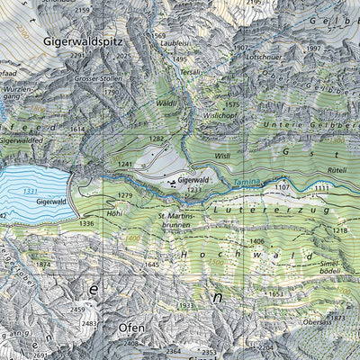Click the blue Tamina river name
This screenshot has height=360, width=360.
tap(246, 183)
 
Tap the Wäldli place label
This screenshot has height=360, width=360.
tap(167, 104)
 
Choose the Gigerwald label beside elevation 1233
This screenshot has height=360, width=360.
tap(193, 180)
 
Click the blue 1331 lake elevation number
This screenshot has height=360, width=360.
tap(31, 191)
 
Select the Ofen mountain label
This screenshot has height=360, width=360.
tap(131, 328)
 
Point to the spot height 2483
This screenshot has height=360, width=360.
tap(88, 323)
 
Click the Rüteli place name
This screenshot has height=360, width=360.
tap(337, 170)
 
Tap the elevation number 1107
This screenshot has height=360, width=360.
tap(283, 187)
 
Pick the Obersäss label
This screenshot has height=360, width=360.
tap(318, 321)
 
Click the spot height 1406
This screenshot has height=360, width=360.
tap(256, 241)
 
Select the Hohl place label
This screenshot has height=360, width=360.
tap(114, 213)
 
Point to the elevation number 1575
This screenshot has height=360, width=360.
tap(232, 104)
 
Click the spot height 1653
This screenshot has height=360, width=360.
tap(275, 293)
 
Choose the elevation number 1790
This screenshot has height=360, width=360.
tap(112, 91)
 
